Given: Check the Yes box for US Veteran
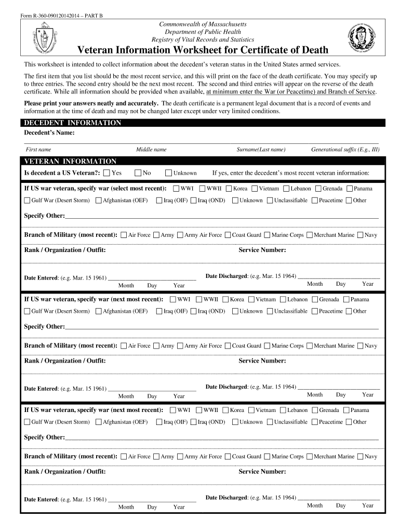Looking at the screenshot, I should (106, 173).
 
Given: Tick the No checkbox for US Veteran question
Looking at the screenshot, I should (138, 173).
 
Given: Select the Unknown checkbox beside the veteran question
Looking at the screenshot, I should (168, 173).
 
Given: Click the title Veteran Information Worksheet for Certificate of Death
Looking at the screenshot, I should (203, 50).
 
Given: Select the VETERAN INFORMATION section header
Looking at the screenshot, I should (71, 162).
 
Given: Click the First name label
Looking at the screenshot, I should (38, 150).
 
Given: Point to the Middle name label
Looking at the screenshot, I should (151, 150).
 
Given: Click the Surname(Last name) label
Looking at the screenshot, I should (261, 150).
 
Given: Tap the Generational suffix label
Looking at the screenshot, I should (345, 150).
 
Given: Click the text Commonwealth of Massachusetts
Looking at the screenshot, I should (203, 24).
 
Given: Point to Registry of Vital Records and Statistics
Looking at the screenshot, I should (203, 39).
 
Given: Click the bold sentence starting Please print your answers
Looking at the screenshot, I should (91, 103).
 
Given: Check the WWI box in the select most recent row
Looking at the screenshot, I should (176, 189).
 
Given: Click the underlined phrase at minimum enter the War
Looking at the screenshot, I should (291, 91).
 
